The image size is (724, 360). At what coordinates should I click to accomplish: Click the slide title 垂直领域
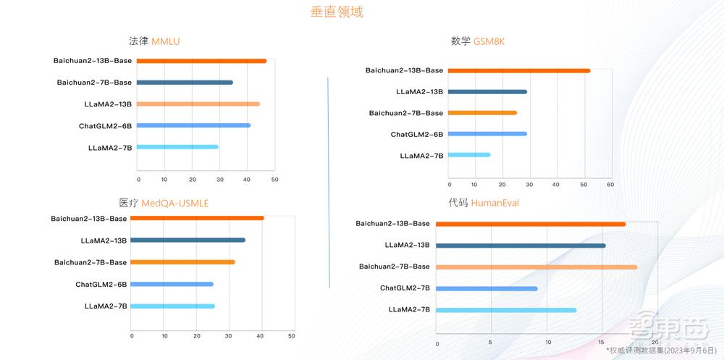click(337, 12)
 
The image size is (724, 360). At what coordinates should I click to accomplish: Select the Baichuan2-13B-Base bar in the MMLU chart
click(201, 61)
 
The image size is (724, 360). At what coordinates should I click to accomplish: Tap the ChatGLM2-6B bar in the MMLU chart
click(193, 125)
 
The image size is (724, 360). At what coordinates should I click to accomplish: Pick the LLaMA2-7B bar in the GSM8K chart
click(469, 155)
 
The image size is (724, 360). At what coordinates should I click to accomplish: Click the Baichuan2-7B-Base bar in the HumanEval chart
click(536, 267)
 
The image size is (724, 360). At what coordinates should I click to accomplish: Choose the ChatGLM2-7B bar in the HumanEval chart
click(487, 288)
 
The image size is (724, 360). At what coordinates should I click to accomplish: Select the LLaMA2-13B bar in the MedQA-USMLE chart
click(188, 240)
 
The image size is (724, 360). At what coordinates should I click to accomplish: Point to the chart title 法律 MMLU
click(154, 41)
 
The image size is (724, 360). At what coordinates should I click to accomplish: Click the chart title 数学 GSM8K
click(477, 41)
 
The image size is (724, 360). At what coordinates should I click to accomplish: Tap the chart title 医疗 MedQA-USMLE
click(164, 203)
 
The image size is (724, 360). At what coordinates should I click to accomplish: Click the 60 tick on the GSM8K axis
click(610, 185)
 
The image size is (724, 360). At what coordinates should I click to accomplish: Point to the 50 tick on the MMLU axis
click(274, 180)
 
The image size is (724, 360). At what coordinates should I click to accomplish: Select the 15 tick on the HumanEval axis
click(602, 342)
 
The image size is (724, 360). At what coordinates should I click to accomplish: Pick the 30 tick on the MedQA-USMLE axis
click(228, 336)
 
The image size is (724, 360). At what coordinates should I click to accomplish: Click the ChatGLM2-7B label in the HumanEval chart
click(405, 288)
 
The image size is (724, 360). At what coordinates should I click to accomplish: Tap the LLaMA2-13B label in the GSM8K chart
click(419, 92)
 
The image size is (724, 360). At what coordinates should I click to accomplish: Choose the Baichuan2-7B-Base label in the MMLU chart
click(94, 83)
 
